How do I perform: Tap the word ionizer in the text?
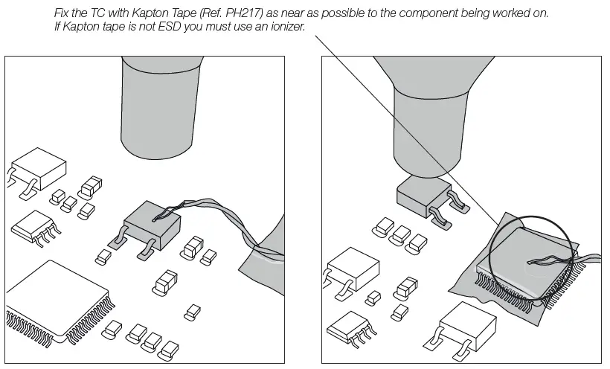(x=288, y=27)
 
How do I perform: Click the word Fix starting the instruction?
(x=62, y=13)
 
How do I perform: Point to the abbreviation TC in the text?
(x=97, y=13)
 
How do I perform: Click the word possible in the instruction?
(x=343, y=13)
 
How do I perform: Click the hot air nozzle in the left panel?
(x=161, y=107)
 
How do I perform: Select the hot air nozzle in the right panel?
(x=431, y=117)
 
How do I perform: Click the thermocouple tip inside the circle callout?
(x=529, y=263)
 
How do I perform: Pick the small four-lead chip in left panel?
(x=34, y=228)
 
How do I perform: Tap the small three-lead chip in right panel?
(x=350, y=329)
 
